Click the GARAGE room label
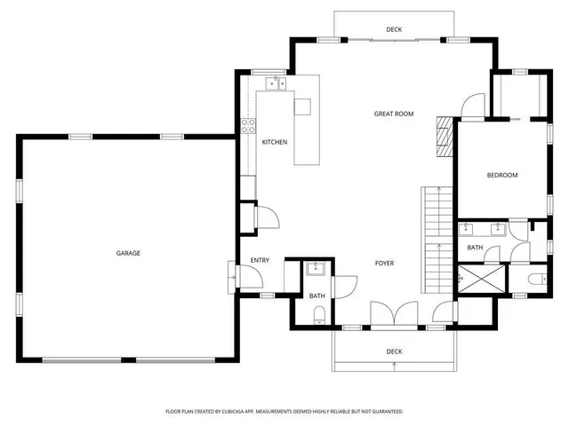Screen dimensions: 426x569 (128, 253)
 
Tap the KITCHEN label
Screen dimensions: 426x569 (274, 142)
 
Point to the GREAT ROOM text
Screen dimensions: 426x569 (394, 114)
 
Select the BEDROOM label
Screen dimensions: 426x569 (501, 175)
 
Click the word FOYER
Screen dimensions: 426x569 (384, 263)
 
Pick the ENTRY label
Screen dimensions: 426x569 (260, 260)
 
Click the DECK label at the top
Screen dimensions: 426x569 (394, 30)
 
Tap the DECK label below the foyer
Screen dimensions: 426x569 (394, 351)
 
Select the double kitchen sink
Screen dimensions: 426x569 (276, 84)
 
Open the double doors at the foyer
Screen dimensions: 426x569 (393, 315)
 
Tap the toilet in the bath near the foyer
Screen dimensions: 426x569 (318, 313)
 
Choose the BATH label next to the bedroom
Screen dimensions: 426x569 (475, 248)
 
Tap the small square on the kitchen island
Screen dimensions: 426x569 (303, 106)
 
